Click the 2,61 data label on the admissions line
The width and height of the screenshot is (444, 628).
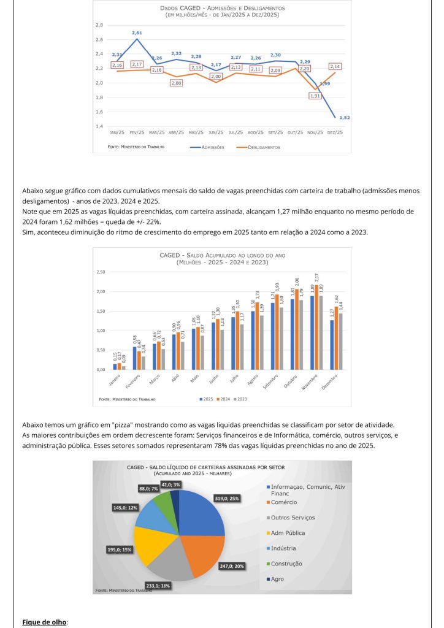tap(137, 32)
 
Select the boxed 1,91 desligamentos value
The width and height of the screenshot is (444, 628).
tap(316, 96)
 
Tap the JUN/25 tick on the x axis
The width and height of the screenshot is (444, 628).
tap(216, 132)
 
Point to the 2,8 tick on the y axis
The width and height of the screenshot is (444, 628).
tap(99, 25)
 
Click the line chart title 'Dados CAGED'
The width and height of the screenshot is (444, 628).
tap(222, 9)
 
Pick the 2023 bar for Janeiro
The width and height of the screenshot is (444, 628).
tap(124, 368)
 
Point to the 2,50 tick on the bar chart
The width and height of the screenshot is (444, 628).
tap(101, 272)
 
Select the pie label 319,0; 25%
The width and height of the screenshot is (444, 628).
tap(226, 498)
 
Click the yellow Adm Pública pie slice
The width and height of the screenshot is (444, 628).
tap(148, 543)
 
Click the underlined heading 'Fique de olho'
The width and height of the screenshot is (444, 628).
tap(44, 622)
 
